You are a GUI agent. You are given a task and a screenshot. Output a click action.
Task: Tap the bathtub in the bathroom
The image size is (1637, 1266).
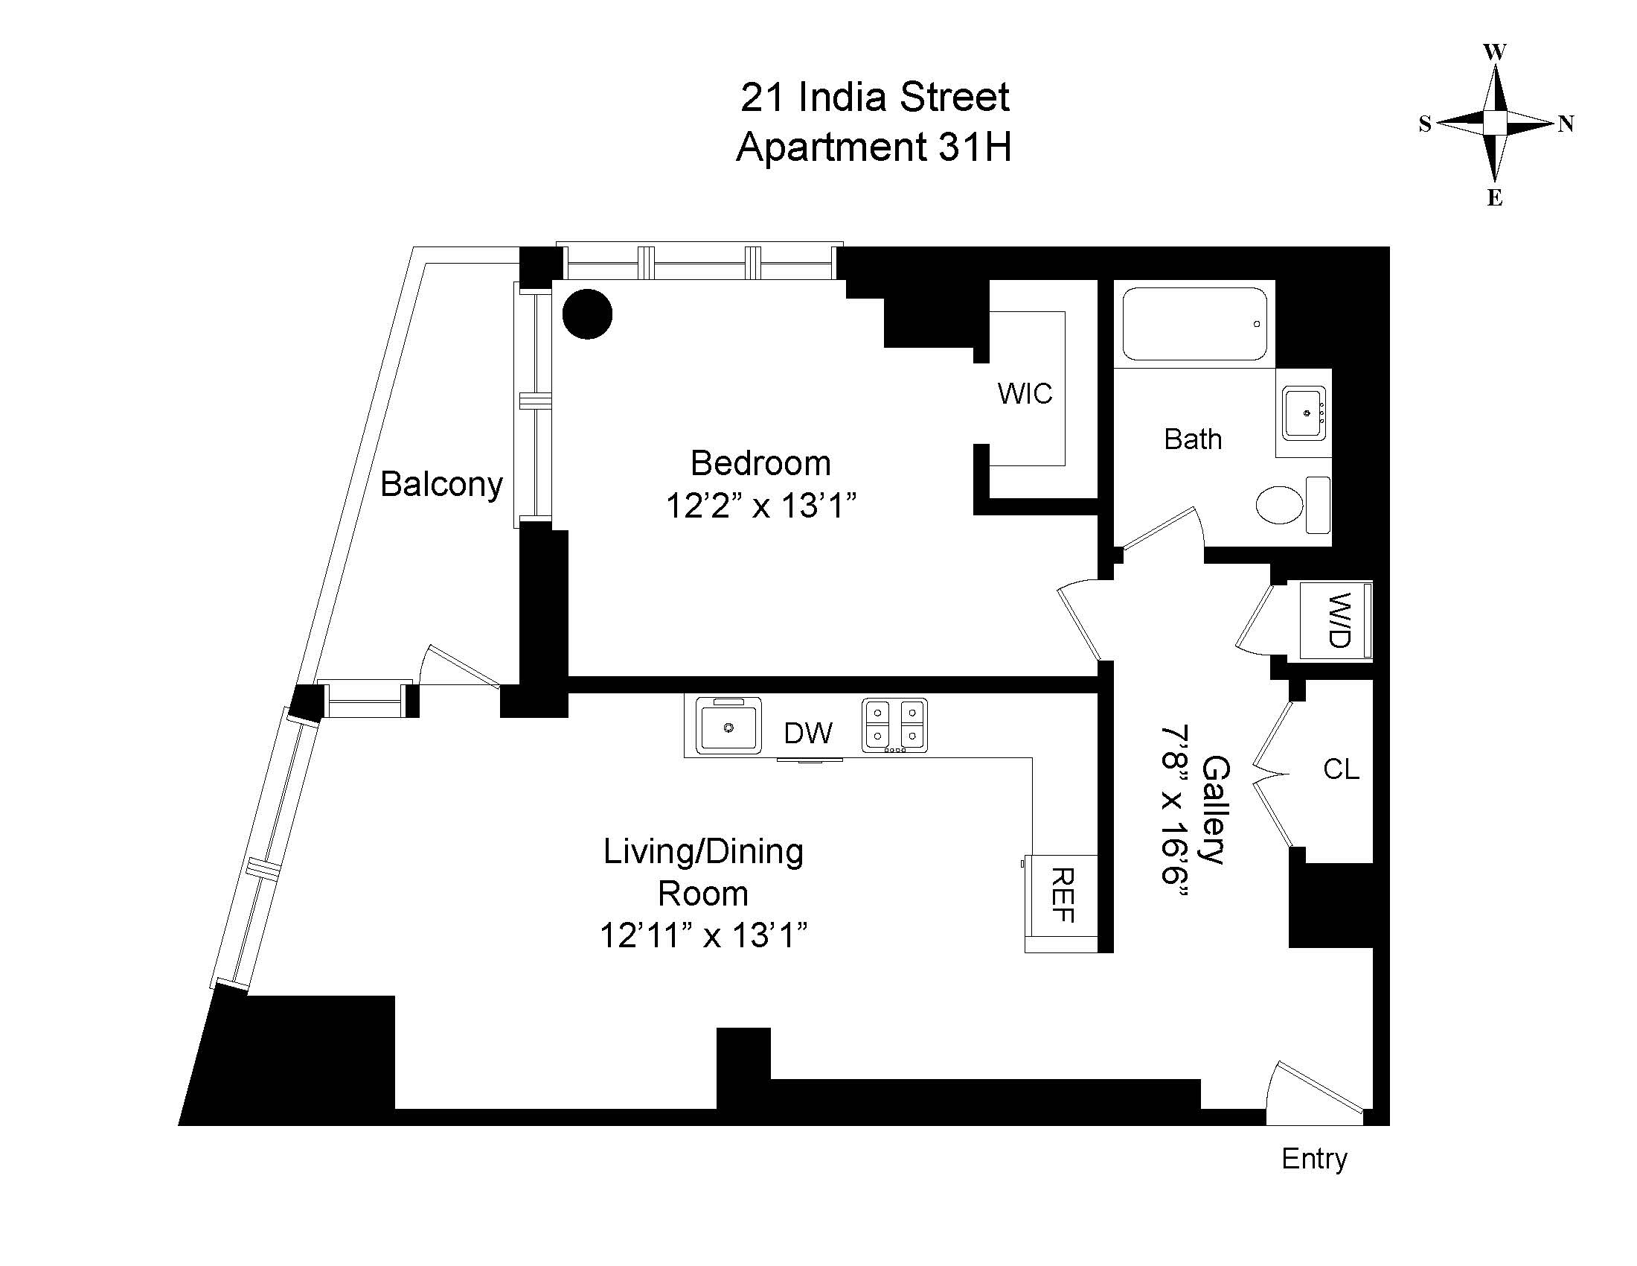point(1195,324)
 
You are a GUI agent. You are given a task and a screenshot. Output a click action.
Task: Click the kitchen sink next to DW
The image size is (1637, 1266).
point(728,726)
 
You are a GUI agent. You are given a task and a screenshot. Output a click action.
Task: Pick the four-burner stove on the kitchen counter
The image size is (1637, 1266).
point(895,725)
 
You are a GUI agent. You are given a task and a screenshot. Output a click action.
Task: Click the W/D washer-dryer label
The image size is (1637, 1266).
point(1339,620)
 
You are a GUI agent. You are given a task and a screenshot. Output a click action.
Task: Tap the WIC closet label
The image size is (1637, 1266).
point(1025,393)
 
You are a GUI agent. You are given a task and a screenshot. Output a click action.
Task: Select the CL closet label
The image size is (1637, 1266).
point(1341,769)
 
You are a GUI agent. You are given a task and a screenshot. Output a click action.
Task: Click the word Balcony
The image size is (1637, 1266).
point(441,485)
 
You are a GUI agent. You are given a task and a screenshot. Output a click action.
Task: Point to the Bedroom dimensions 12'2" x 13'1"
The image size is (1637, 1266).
point(760,506)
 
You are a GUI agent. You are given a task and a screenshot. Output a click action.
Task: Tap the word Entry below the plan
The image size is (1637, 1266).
point(1314,1160)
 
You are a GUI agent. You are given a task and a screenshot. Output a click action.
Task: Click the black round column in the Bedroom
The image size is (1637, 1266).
point(588,314)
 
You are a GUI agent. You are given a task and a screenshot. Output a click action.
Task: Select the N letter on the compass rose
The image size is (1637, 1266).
point(1566,124)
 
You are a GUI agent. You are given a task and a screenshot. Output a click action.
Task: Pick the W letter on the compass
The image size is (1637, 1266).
point(1495,52)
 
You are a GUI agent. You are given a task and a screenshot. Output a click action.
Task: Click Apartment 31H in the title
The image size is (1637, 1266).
point(874,147)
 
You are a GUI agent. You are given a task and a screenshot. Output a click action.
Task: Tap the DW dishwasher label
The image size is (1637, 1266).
point(808,734)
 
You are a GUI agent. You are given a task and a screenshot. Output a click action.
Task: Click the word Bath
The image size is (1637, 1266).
point(1193,439)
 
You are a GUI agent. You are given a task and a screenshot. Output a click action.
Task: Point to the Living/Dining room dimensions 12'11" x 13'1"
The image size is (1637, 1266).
point(704,936)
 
